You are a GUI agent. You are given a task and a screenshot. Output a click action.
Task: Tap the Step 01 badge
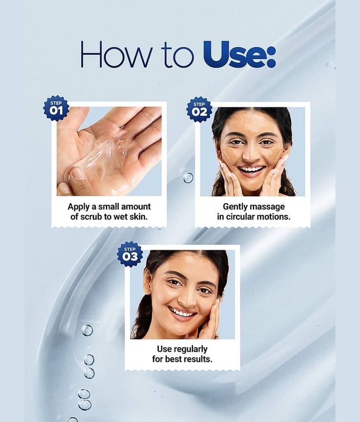pos(56,108)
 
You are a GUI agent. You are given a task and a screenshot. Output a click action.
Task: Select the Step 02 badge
pos(199,109)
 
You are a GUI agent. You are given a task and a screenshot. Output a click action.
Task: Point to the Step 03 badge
pos(130,254)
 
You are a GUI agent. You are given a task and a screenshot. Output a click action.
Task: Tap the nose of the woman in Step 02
pos(250,154)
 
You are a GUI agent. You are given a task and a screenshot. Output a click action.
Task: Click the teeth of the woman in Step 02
pos(251,169)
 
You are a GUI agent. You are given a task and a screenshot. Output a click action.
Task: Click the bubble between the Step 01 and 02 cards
pos(188,178)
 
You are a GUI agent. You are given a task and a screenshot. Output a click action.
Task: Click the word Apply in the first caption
pos(79,207)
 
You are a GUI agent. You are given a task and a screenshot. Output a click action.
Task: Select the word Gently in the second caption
pos(233,207)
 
